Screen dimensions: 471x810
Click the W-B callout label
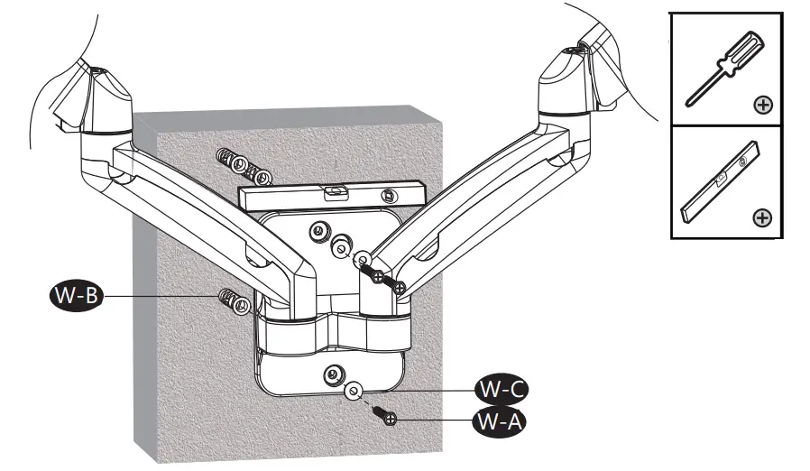click(75, 295)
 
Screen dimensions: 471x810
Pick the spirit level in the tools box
click(720, 183)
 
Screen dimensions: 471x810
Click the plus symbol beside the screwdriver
click(763, 106)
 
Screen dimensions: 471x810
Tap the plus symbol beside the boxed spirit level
click(763, 218)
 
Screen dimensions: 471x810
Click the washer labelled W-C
click(354, 391)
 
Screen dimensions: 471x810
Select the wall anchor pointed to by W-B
click(234, 300)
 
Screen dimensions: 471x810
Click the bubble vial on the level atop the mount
click(335, 190)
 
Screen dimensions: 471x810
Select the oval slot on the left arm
click(257, 262)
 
